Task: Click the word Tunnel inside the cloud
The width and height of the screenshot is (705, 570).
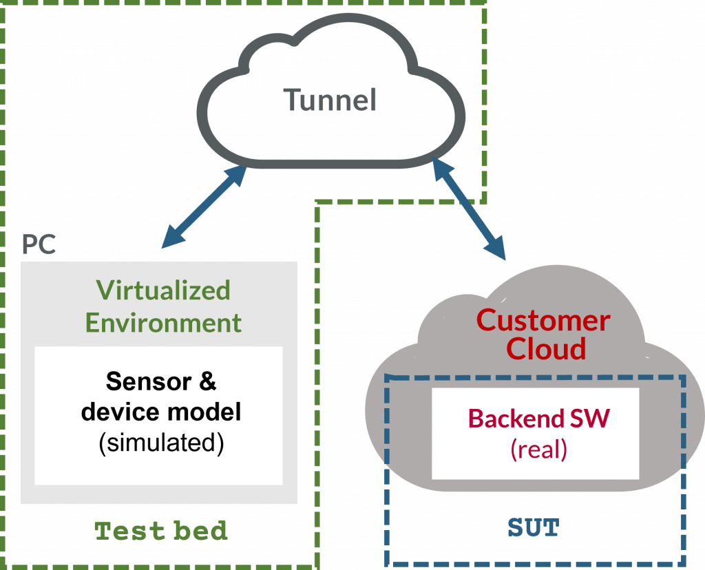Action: click(x=330, y=100)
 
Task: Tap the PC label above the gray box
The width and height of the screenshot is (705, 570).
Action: click(x=39, y=244)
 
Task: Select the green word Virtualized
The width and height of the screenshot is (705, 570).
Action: click(x=163, y=290)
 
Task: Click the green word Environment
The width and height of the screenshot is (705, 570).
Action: click(x=163, y=323)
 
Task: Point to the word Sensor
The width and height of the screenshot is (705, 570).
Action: click(x=149, y=381)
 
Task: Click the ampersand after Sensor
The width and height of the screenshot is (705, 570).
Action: click(x=207, y=381)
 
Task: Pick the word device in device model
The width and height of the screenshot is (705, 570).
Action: click(x=118, y=412)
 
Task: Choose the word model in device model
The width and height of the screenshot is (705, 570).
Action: click(x=202, y=412)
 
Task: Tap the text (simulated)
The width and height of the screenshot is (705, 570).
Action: click(x=161, y=443)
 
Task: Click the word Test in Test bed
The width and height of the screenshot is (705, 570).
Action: click(x=129, y=531)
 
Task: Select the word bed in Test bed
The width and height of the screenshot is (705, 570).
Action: click(x=200, y=531)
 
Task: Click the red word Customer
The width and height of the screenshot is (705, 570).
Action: click(x=543, y=321)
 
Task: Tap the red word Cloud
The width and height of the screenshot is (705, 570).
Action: click(x=546, y=349)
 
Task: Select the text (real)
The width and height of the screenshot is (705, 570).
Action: click(x=538, y=450)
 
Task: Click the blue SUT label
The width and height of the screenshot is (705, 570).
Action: click(x=534, y=528)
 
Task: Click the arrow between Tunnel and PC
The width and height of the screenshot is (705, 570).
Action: click(x=204, y=207)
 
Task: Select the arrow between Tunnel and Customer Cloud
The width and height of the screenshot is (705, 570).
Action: click(x=469, y=209)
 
